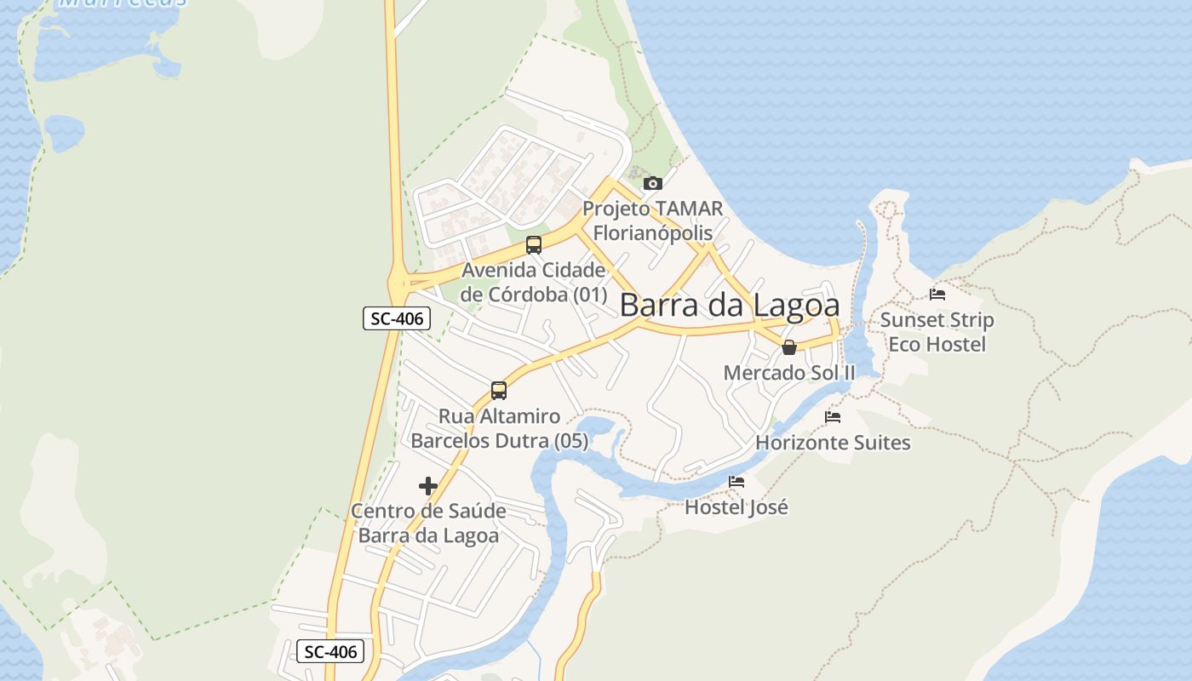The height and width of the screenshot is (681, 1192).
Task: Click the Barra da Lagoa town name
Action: pos(730,306)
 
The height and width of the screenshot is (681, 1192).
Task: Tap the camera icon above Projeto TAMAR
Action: pos(653,183)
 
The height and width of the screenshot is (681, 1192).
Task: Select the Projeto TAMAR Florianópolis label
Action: pos(653,220)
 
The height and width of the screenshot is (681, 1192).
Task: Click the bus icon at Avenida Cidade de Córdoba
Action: pos(534,245)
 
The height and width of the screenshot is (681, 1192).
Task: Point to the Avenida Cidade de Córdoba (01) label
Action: pos(534,283)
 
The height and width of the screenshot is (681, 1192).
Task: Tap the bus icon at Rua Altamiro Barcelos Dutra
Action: pos(499,391)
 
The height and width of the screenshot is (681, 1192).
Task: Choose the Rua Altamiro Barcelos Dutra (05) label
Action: pos(500,428)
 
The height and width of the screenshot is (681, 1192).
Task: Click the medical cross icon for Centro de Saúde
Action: pos(428,486)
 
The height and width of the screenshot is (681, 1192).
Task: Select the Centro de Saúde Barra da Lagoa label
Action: pos(428,524)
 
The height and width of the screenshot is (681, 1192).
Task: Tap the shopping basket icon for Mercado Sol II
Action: pos(789,347)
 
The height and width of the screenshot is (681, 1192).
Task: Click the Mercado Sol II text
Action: pos(789,373)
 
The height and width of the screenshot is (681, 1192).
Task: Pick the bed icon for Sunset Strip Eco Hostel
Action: pos(937,295)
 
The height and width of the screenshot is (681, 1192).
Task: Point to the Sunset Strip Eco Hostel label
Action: pos(937,332)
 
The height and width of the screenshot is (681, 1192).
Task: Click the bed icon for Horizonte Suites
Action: pos(833,417)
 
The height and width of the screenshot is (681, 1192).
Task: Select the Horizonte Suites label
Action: pos(833,443)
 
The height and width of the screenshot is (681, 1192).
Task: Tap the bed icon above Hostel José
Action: pos(736,482)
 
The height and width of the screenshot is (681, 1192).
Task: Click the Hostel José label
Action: pos(736,507)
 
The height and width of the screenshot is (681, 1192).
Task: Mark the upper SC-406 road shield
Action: pos(397,319)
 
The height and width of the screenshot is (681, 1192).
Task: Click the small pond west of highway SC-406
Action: pos(64,132)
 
